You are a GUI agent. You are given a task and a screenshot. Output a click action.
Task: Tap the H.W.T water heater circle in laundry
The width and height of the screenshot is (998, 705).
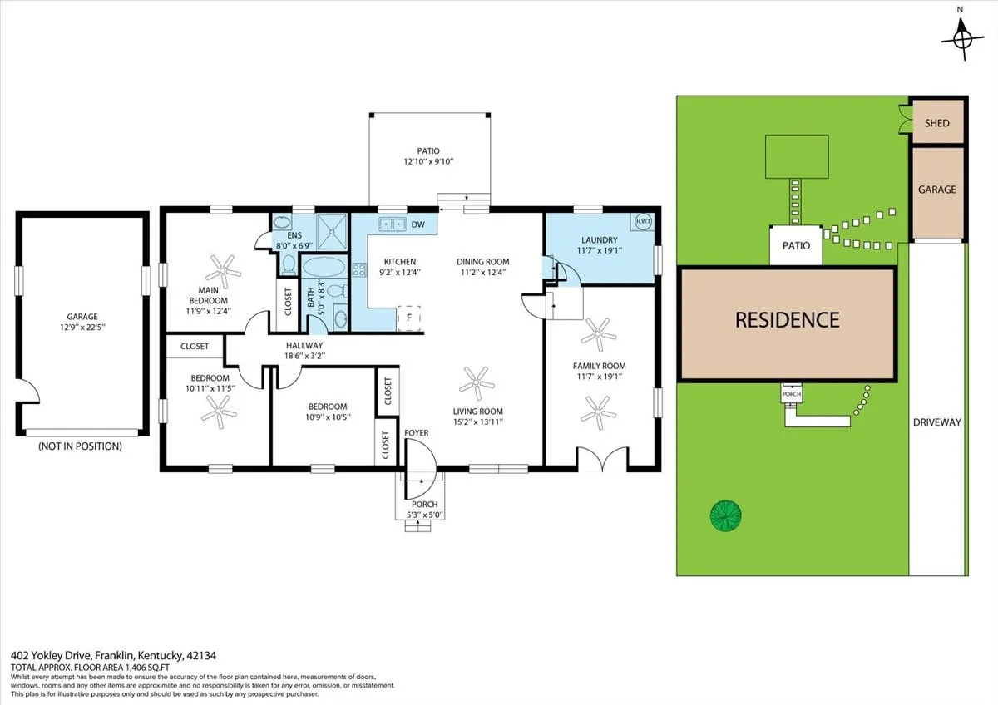(643, 221)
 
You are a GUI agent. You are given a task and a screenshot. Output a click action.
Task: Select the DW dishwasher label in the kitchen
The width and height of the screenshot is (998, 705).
(417, 224)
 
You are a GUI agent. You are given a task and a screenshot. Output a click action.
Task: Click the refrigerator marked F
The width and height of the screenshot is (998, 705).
(409, 318)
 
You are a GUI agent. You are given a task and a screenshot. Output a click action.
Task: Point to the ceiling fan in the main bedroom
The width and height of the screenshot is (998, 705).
(223, 270)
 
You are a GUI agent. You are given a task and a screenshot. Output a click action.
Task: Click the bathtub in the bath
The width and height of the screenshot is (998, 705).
(324, 266)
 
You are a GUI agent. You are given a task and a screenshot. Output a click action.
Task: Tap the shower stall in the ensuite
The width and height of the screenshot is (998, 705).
(332, 232)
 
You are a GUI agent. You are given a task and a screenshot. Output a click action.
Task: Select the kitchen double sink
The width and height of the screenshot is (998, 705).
(393, 224)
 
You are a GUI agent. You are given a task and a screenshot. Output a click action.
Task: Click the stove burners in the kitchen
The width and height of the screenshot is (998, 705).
(359, 269)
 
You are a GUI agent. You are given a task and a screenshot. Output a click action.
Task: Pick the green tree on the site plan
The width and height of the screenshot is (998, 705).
(726, 515)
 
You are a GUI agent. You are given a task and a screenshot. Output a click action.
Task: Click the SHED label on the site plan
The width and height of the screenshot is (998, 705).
(937, 123)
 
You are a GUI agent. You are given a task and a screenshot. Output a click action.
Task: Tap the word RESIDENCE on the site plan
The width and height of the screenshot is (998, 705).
(788, 320)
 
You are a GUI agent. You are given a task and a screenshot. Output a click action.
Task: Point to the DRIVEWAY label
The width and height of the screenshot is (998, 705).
(937, 422)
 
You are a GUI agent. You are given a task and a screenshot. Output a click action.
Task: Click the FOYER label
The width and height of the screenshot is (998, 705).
(417, 433)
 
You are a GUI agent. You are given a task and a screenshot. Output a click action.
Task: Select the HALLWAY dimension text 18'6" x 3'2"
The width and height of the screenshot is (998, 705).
(304, 356)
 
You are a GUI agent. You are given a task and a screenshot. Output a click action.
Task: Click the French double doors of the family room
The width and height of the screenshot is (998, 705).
(603, 459)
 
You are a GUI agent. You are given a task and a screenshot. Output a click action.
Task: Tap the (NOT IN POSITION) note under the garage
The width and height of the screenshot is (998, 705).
(80, 446)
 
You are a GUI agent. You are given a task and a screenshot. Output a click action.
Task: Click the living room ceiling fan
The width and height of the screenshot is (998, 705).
(477, 383)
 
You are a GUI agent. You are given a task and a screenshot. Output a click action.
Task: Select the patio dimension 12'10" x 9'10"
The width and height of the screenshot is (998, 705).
(428, 161)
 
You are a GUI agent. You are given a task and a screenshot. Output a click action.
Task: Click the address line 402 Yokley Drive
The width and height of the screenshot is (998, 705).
(113, 656)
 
